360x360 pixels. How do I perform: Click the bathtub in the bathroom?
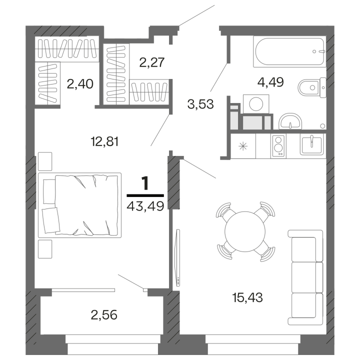pos(289,51)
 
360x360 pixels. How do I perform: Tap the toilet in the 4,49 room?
pos(312,87)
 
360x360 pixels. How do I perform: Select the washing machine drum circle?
pos(256,104)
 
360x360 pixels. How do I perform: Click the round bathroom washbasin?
pos(290,121)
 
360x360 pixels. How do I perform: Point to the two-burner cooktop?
pos(278,146)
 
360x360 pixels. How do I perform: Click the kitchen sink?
pos(311,144)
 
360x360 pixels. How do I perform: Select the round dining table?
pos(245,231)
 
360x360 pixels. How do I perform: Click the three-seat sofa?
pos(305,277)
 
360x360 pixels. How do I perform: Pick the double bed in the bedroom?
pos(79,205)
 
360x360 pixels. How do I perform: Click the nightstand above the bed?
pos(45,161)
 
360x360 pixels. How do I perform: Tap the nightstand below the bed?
pos(45,249)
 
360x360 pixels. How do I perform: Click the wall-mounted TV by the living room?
pos(178,257)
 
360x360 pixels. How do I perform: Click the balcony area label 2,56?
pos(104,315)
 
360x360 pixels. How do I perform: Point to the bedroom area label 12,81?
pos(105,141)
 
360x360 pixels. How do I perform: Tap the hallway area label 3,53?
pos(200,104)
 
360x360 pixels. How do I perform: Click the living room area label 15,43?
pos(247,298)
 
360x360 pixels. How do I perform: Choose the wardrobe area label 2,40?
pos(80,84)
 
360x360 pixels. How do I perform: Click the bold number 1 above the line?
pos(145,183)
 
